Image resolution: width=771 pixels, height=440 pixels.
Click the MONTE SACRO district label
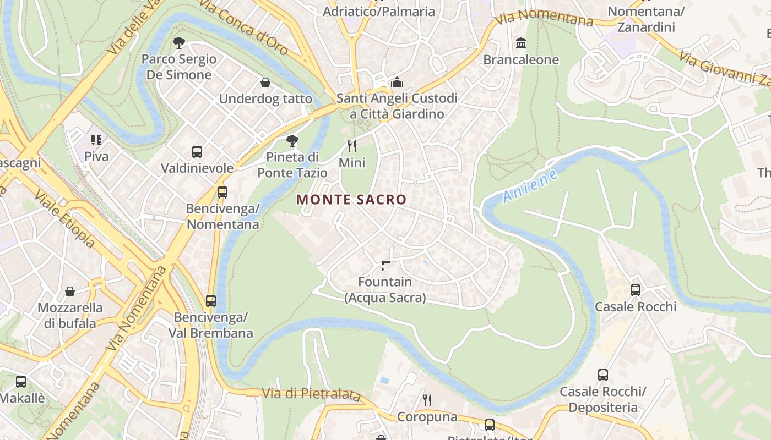351,200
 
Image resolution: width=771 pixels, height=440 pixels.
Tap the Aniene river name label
530,186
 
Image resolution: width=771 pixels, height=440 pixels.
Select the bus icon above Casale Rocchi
636,290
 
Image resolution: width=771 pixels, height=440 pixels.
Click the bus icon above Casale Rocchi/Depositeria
603,375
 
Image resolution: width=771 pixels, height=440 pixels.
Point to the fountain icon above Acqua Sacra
385,266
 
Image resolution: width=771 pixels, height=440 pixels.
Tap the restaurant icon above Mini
352,146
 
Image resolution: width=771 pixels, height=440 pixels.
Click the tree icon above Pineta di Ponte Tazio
292,141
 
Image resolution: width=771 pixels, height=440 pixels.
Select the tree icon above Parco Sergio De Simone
178,42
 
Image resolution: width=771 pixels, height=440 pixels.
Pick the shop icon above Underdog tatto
265,82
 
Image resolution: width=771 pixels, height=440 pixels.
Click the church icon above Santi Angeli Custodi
397,82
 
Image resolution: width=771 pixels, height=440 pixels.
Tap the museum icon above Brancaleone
520,43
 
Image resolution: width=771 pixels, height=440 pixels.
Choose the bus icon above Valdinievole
197,151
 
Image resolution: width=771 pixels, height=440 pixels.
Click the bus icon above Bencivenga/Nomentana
222,193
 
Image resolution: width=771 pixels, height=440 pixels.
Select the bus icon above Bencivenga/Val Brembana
211,301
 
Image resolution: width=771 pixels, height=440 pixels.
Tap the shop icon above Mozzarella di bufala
70,291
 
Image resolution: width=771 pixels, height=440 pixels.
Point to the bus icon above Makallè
21,381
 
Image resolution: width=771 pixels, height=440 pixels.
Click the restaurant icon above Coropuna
427,400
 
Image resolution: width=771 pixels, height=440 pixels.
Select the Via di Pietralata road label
311,394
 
